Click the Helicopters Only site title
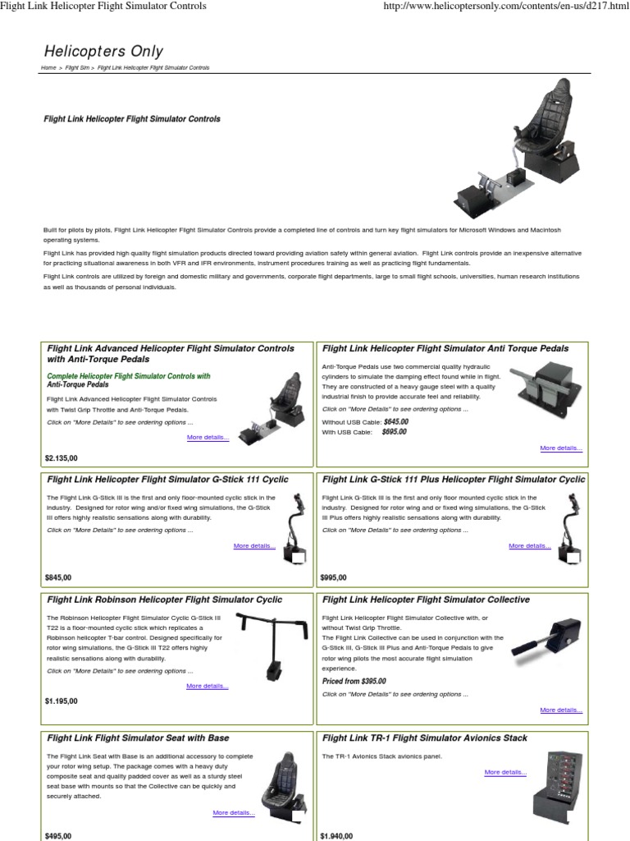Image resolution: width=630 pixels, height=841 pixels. [103, 52]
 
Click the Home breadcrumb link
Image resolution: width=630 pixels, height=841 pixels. [49, 68]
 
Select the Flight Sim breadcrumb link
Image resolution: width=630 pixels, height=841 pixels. [77, 68]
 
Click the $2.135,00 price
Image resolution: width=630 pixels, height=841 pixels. [62, 458]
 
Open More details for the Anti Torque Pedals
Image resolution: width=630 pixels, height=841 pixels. [561, 448]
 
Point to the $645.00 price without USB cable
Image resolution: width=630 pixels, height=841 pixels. [395, 421]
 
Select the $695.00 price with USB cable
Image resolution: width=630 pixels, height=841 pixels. [395, 432]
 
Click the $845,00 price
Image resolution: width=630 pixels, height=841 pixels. [58, 577]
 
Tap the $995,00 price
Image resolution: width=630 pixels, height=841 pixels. [334, 577]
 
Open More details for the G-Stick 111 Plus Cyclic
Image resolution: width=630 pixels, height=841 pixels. [529, 545]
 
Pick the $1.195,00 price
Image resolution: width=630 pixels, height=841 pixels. [62, 701]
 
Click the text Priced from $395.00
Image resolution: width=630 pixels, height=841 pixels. [354, 682]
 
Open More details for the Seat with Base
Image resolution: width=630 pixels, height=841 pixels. [234, 813]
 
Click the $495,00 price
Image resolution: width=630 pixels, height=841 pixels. [58, 836]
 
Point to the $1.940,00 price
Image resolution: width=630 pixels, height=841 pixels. [337, 836]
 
